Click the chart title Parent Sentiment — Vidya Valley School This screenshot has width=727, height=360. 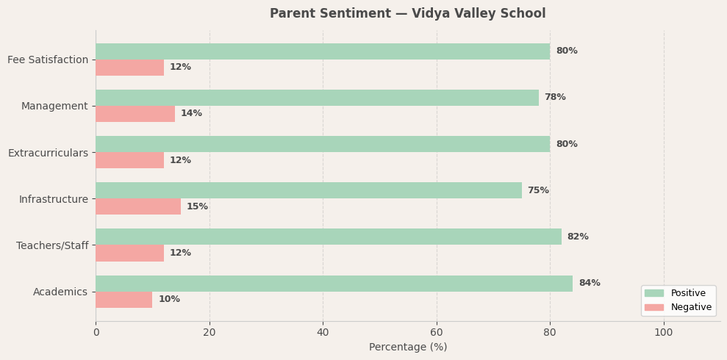coord(407,14)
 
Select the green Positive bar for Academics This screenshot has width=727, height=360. coord(334,284)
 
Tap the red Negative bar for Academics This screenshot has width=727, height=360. coord(123,300)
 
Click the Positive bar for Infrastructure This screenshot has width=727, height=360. coord(309,190)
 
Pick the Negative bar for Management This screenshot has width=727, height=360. coord(135,114)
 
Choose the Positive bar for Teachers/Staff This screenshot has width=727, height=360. coord(329,237)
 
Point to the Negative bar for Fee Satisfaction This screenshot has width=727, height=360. coord(129,68)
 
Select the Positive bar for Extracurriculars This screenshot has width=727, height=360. coord(323,144)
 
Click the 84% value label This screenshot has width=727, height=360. coord(589,284)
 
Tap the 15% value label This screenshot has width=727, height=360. coord(197,206)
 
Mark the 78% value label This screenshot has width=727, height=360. coord(555,98)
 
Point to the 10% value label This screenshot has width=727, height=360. coord(169,300)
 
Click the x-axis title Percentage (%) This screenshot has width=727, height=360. coord(407,348)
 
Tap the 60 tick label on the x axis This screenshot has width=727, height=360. coord(437,332)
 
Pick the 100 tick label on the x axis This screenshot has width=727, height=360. coord(663,332)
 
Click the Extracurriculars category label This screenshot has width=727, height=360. coord(48,153)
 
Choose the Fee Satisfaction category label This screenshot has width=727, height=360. coord(48,60)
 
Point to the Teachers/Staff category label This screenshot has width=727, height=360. coord(52,245)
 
